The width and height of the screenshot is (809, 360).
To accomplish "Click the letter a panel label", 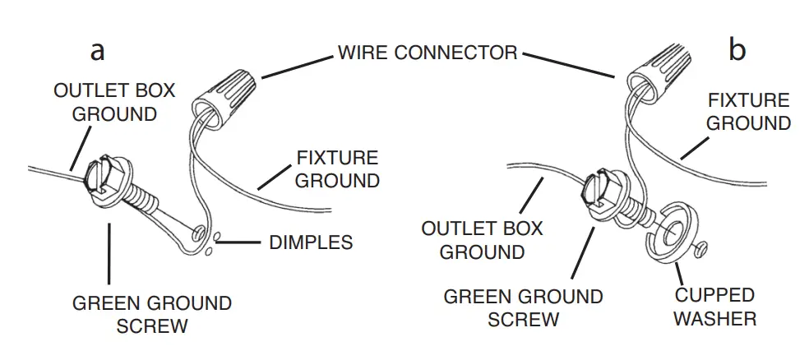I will point(98,51).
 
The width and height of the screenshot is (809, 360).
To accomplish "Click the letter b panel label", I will point(737,51).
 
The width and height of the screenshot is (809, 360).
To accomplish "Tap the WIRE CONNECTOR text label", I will point(428,53).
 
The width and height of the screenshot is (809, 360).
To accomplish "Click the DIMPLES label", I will point(311,242).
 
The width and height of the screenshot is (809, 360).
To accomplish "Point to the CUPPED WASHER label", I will point(714,306).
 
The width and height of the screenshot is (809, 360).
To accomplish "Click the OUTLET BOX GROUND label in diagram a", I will point(114,102).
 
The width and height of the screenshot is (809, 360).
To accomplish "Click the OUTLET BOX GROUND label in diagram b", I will point(482,239).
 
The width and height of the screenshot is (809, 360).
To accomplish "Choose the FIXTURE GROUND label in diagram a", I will point(337,168).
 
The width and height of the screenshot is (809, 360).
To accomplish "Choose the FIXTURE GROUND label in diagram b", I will point(748,112).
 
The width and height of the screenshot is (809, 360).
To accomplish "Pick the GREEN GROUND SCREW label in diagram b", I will point(523,307).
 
